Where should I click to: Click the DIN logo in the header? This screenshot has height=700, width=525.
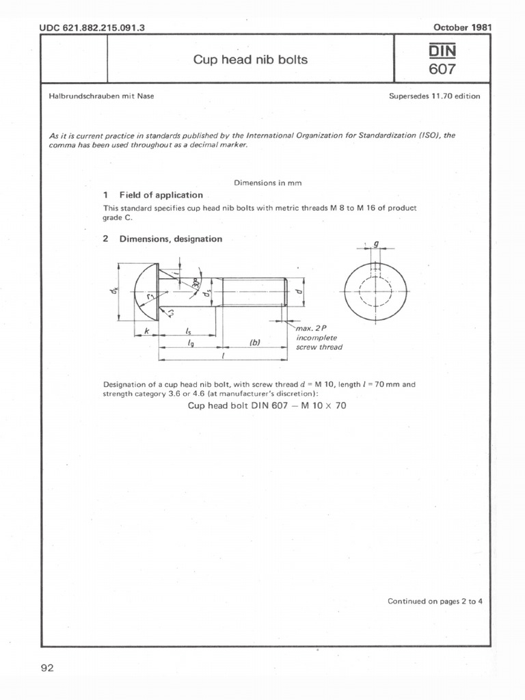coord(442,50)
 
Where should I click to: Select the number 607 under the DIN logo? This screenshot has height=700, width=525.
coord(442,69)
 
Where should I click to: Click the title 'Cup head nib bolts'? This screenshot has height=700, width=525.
coord(250,59)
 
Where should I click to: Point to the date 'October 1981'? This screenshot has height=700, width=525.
coord(462,27)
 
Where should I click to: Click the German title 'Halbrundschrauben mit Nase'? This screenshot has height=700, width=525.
coord(101,96)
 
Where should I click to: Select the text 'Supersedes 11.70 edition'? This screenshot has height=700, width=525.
coord(434,96)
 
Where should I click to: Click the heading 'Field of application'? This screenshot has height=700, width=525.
coord(161,195)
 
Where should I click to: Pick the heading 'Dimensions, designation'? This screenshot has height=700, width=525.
coord(170,239)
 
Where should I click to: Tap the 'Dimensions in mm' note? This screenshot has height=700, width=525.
coord(268,183)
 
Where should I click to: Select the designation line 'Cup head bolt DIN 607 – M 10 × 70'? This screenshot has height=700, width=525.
coord(267,405)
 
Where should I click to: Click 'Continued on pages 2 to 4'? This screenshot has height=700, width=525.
coord(435,602)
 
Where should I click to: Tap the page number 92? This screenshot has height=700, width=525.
coord(48,668)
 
